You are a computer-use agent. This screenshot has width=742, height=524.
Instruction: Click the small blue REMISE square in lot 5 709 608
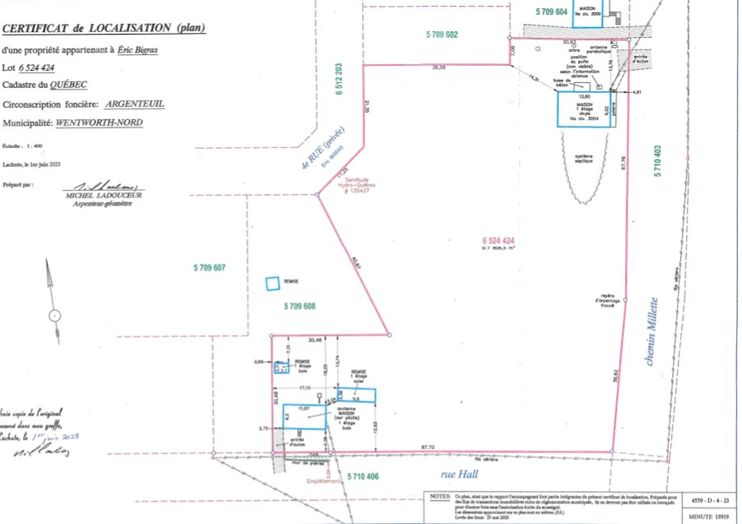(271, 284)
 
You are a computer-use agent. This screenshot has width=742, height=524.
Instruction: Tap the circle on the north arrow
(54, 314)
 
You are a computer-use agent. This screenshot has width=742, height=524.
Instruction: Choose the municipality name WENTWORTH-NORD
(99, 122)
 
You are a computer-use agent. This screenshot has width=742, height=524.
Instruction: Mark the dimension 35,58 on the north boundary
(440, 68)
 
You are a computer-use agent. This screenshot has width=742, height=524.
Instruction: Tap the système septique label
(584, 158)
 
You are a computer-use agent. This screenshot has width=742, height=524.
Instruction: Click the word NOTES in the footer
(440, 498)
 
